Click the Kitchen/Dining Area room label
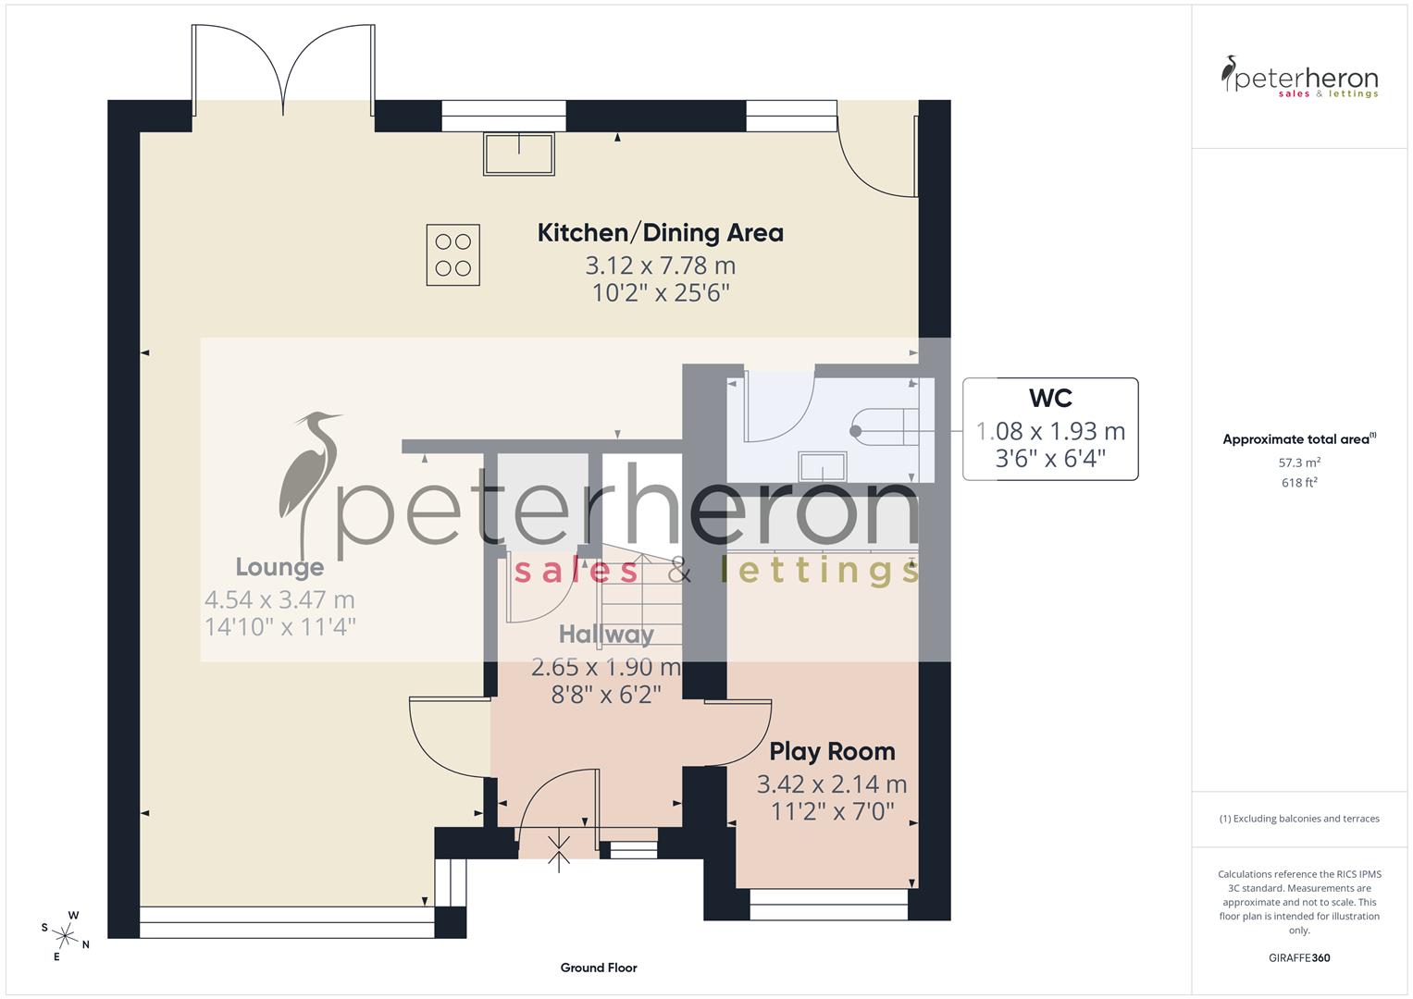click(x=660, y=232)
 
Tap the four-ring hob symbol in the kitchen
click(x=452, y=254)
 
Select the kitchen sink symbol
click(x=518, y=154)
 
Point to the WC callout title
click(x=1050, y=399)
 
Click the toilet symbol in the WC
click(x=884, y=430)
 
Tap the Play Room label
click(x=832, y=751)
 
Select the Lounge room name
click(x=279, y=567)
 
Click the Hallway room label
click(x=606, y=635)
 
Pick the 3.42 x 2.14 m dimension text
click(x=832, y=784)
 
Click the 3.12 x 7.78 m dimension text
click(x=660, y=266)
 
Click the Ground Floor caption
click(x=599, y=968)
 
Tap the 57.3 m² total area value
click(x=1299, y=462)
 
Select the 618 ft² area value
click(x=1299, y=483)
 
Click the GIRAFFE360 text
click(x=1299, y=957)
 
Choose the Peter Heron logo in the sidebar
click(x=1299, y=78)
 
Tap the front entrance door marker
click(x=559, y=852)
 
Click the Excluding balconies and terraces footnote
click(x=1299, y=819)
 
